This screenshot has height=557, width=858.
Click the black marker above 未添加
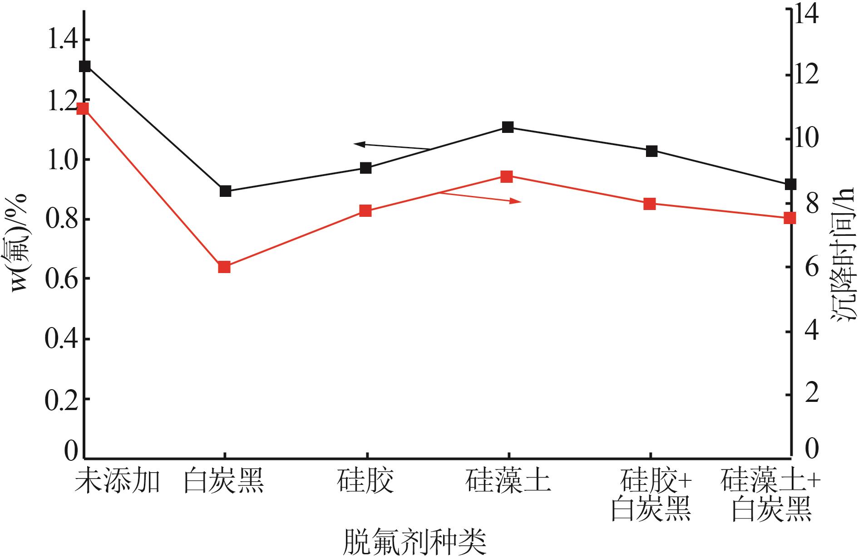(85, 66)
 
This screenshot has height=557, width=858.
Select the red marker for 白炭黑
(224, 267)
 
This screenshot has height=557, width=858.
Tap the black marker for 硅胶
(366, 168)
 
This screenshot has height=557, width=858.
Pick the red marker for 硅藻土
(507, 176)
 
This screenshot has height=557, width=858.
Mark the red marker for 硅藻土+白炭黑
(790, 218)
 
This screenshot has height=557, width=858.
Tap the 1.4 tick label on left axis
(63, 40)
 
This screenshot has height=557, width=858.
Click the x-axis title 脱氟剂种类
(414, 542)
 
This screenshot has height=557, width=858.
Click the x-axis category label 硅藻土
(508, 481)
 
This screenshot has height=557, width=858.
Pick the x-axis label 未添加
(117, 481)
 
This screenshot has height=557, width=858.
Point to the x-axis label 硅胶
(365, 481)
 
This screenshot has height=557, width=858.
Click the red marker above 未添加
(83, 109)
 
